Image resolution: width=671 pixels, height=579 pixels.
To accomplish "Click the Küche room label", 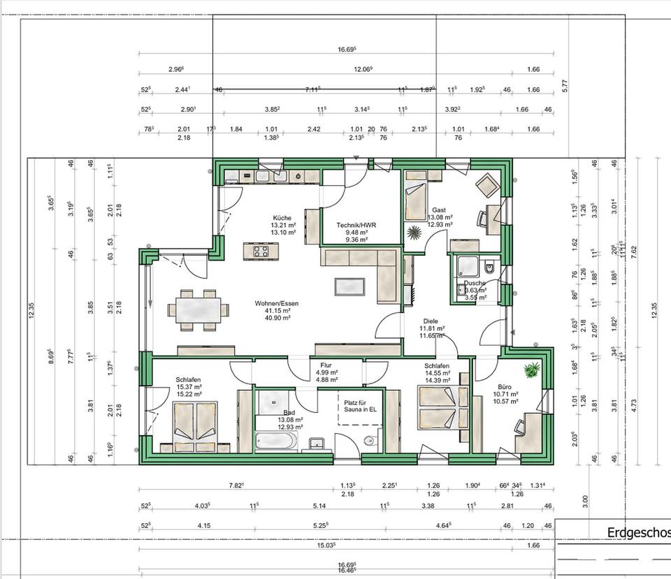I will [x=282, y=218].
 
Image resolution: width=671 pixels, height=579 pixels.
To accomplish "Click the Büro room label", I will [x=505, y=386].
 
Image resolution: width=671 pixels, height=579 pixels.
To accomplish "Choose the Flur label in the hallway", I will [x=326, y=365].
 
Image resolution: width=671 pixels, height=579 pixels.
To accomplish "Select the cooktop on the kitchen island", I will [x=261, y=251].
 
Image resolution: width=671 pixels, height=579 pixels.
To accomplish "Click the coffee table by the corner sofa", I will [x=349, y=286].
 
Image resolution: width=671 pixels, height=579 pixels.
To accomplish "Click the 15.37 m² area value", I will [x=189, y=387].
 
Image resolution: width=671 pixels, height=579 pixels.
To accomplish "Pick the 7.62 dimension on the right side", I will [x=634, y=253].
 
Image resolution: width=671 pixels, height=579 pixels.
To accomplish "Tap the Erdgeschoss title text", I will [x=637, y=533].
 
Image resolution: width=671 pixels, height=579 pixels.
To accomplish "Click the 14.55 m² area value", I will [x=436, y=373].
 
